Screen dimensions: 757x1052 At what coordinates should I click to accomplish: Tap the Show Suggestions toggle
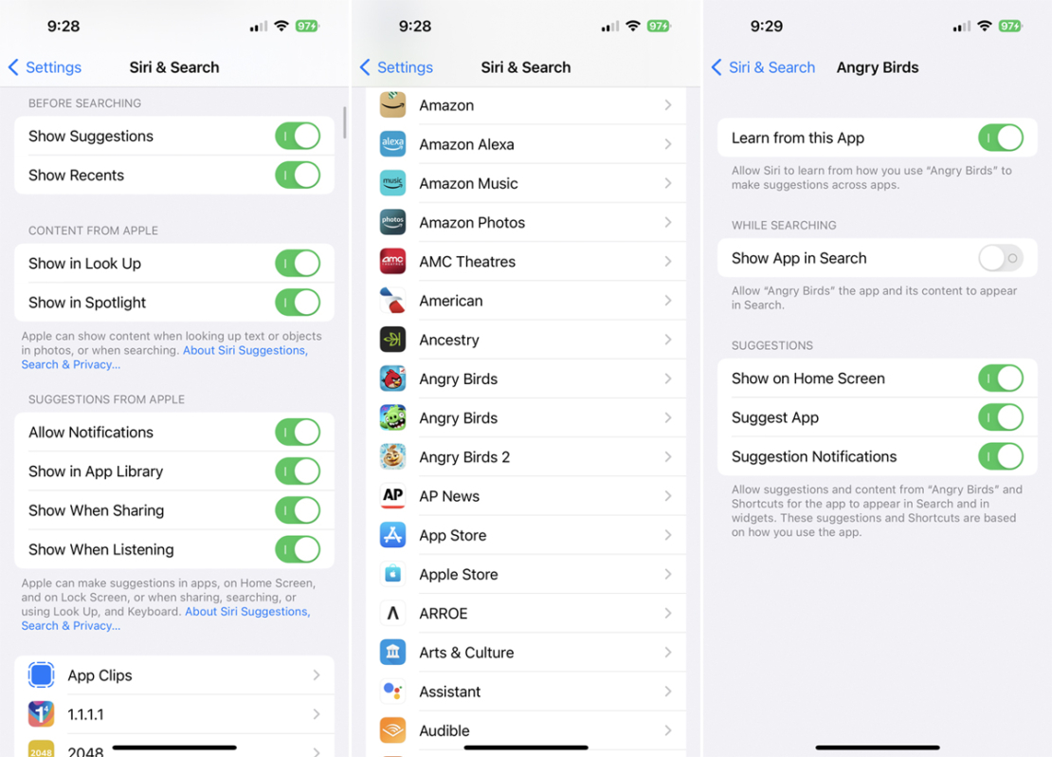point(298,137)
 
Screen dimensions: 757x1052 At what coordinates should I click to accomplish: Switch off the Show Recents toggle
point(298,175)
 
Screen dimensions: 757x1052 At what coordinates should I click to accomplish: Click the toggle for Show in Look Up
point(298,264)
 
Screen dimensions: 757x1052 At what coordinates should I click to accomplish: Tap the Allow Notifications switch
point(298,433)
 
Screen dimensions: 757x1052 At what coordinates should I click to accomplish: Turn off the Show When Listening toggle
point(298,549)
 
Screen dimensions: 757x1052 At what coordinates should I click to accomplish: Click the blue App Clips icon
point(41,674)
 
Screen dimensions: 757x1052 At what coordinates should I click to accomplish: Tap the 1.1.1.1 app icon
point(41,713)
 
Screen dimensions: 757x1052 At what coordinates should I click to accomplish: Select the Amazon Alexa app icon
point(392,144)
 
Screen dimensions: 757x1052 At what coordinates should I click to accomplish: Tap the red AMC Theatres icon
point(392,261)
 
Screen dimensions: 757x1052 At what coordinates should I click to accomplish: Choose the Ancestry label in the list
point(449,340)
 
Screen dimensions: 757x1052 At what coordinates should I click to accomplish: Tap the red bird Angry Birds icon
point(392,378)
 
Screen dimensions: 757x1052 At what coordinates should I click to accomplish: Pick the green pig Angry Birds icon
point(392,417)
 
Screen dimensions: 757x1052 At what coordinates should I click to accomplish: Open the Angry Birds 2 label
point(464,457)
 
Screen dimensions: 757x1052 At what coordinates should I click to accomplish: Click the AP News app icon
point(392,496)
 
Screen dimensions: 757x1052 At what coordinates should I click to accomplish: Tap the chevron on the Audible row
point(668,730)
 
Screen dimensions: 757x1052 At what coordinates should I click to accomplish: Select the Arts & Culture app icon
point(392,652)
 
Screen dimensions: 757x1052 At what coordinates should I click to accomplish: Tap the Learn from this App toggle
point(1000,138)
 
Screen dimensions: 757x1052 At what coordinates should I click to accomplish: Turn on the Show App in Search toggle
point(1000,258)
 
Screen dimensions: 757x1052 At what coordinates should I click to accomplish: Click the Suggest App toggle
point(1000,417)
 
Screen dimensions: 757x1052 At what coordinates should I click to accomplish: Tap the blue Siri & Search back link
point(764,67)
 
